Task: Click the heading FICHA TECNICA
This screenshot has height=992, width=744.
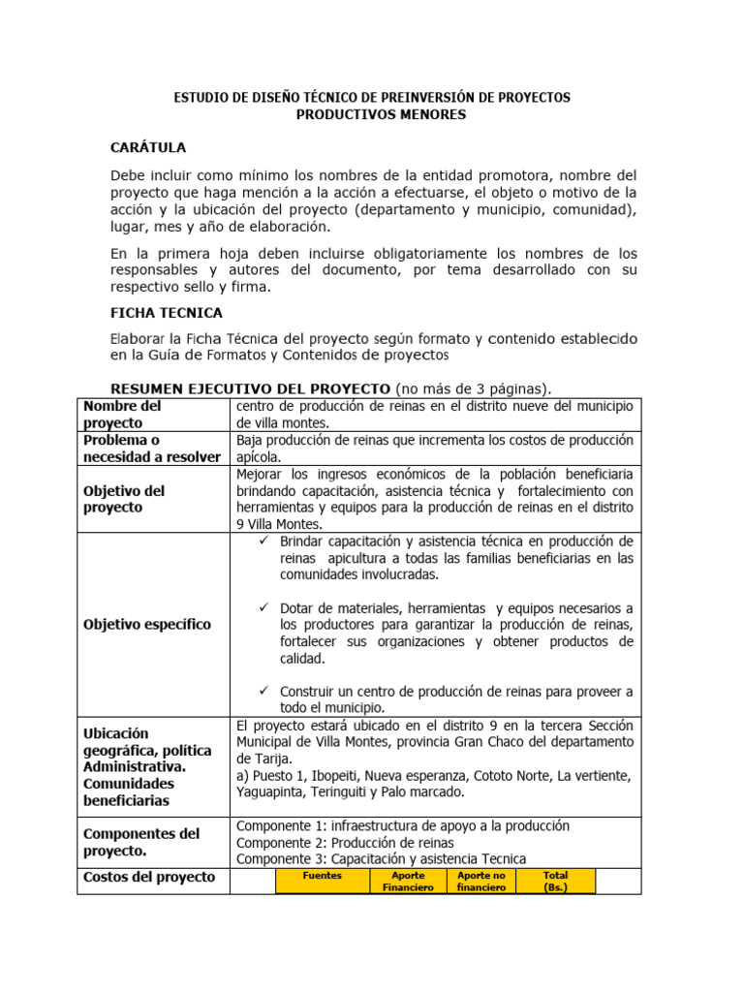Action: [x=167, y=313]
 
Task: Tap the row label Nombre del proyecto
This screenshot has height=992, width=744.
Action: [x=123, y=415]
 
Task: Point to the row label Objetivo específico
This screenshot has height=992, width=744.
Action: [x=147, y=624]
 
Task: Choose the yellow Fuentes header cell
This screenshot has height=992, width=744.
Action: [x=323, y=876]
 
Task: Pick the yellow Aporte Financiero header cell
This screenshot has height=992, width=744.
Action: [x=407, y=881]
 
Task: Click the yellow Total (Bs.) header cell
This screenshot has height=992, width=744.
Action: [x=556, y=881]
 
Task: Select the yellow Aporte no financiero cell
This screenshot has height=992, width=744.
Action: [x=481, y=881]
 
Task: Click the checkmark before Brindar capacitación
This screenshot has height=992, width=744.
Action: [x=263, y=541]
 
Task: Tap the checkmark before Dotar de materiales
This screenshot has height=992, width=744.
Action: [x=263, y=607]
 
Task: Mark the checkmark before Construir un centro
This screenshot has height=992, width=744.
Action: [x=263, y=691]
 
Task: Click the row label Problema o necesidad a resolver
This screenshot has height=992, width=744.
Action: [x=152, y=449]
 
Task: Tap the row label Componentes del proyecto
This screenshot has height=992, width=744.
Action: [x=141, y=842]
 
